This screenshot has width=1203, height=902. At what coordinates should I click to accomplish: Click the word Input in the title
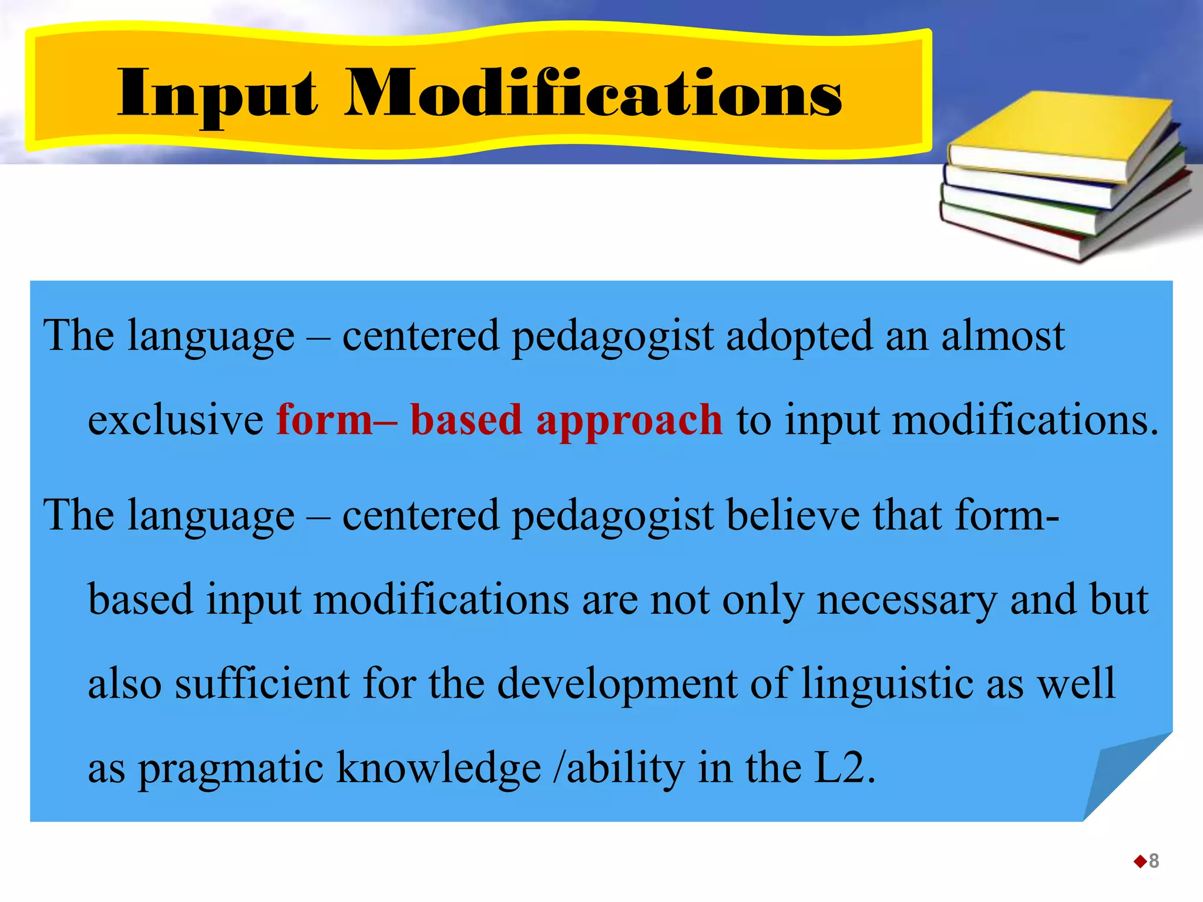[x=217, y=94]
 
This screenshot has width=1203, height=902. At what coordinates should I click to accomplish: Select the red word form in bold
[x=325, y=420]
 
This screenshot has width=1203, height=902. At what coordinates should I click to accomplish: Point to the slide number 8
[x=1154, y=861]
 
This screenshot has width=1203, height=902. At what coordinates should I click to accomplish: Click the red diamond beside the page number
[x=1140, y=861]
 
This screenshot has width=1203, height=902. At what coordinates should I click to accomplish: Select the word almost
[x=1003, y=336]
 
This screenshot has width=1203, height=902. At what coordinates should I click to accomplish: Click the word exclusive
[x=175, y=420]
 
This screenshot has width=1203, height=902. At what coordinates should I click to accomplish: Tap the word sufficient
[x=262, y=684]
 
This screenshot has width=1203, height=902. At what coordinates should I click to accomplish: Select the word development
[x=617, y=685]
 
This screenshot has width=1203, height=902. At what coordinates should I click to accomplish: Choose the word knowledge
[x=438, y=768]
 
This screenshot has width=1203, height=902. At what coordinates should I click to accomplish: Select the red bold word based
[x=466, y=420]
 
